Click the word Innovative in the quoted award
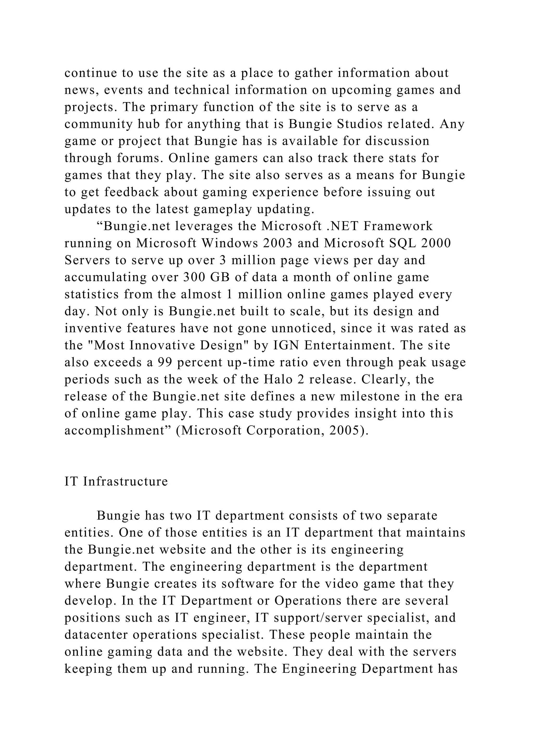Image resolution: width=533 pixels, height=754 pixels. pyautogui.click(x=162, y=345)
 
